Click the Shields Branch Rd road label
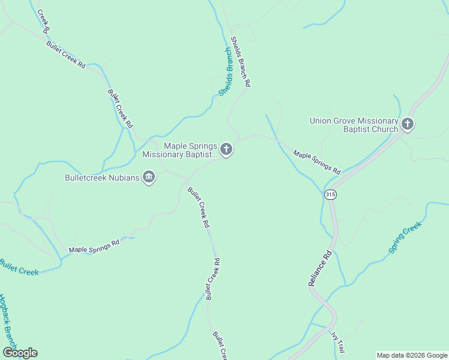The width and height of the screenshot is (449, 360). pos(240,62)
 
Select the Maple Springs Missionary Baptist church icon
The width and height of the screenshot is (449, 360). pos(226,149)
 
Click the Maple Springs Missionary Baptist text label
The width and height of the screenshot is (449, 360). pos(179,150)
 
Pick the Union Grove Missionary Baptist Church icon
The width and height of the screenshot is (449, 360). pos(408,125)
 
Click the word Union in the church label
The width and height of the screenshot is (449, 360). pos(321,121)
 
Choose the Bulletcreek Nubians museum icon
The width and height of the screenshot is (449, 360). pos(149,177)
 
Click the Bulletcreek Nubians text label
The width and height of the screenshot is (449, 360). pos(102,178)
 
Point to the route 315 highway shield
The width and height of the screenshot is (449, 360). pos(330,194)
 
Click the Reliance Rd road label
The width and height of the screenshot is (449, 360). pos(321,268)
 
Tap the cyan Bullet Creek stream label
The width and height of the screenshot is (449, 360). pos(19,268)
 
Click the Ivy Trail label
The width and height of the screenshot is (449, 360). pos(338,342)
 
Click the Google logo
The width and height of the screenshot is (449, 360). pos(20,353)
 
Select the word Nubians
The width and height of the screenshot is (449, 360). pos(122,178)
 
